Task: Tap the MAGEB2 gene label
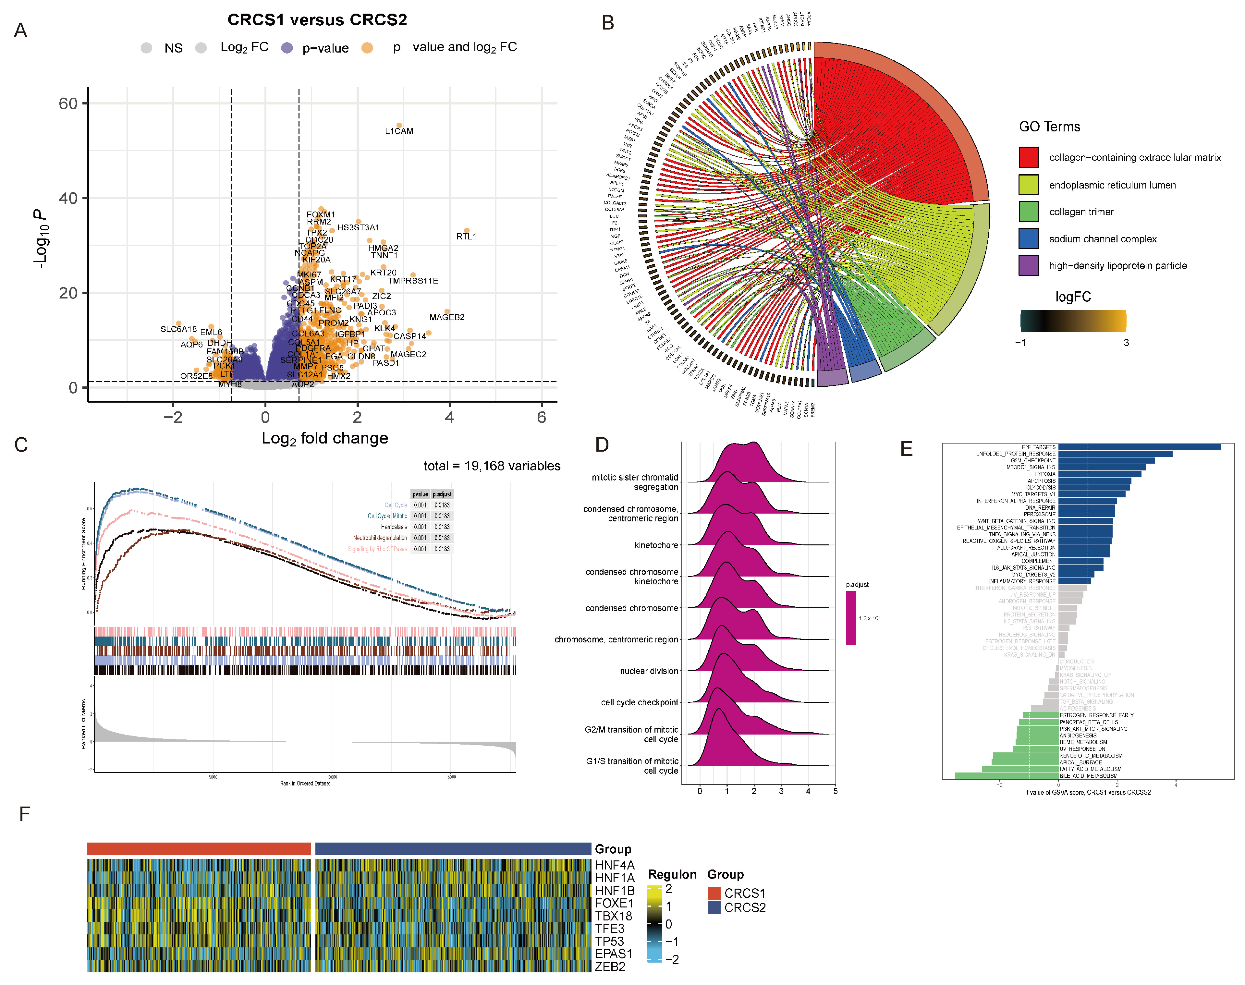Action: (447, 317)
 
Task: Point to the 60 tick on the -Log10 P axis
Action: (68, 104)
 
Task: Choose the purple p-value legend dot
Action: (287, 48)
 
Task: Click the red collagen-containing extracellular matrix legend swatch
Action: (1028, 157)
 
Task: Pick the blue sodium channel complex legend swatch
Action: (1028, 238)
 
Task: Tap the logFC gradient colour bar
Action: (1073, 320)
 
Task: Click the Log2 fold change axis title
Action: (325, 438)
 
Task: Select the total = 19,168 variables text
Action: (491, 466)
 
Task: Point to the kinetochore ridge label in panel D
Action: (656, 545)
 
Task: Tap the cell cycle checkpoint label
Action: (639, 702)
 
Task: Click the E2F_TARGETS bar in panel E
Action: (1139, 447)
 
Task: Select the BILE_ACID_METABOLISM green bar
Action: (1006, 776)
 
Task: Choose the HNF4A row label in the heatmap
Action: (614, 865)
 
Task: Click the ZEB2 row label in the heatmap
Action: (610, 967)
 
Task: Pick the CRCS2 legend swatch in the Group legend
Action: (714, 908)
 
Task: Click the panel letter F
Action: (24, 814)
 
